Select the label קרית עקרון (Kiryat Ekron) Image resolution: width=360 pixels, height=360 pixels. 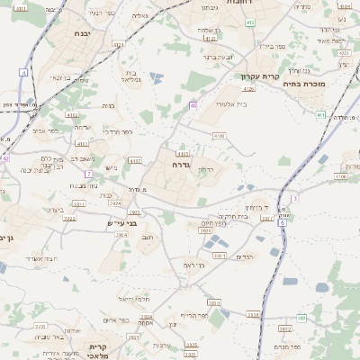click(x=262, y=76)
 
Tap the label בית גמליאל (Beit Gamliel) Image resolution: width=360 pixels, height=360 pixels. click(x=134, y=75)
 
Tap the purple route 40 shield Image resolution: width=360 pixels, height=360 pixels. click(x=193, y=106)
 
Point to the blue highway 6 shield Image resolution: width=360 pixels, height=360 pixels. click(x=283, y=221)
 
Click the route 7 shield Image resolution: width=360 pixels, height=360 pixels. click(x=88, y=173)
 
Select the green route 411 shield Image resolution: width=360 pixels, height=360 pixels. click(x=321, y=114)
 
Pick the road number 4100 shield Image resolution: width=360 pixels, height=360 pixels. click(x=219, y=136)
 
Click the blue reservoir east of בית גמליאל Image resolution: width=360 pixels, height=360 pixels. click(x=157, y=79)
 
